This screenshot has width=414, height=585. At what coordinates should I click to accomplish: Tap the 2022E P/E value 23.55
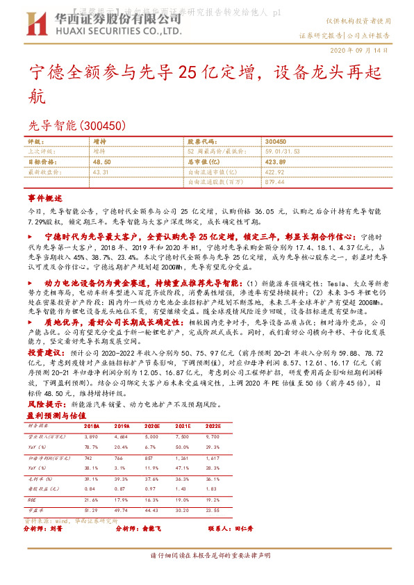click(213, 511)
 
